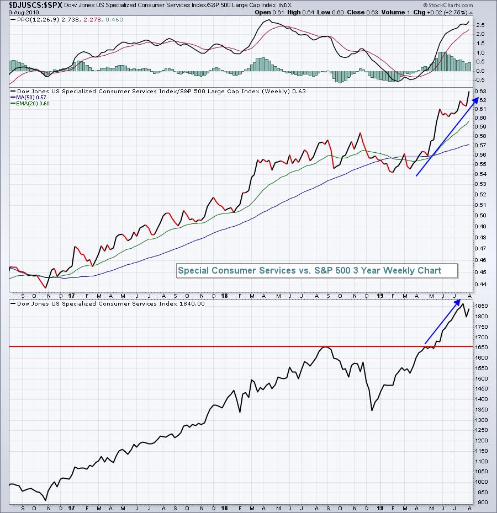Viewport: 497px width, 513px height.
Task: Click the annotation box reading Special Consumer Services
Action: [309, 270]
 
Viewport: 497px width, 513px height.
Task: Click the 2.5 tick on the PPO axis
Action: [479, 25]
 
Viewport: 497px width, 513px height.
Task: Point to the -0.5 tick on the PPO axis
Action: [479, 80]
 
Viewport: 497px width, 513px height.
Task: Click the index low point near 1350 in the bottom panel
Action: [372, 410]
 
